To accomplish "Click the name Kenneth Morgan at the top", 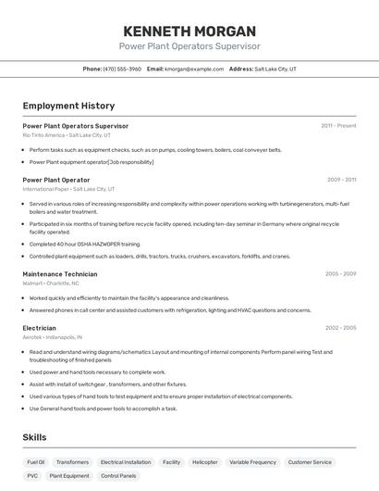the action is point(189,31).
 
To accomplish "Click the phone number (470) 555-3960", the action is point(122,69).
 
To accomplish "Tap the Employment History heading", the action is point(68,106).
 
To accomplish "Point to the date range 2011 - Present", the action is point(338,125).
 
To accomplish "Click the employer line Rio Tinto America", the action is point(67,135).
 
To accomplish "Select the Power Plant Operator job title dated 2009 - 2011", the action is point(56,180).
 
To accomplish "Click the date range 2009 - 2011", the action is point(341,180).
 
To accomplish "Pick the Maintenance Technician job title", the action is point(60,274).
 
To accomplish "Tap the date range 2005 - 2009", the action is point(340,274).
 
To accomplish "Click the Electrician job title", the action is point(40,328).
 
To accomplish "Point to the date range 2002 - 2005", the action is point(340,328).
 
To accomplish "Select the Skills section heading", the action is point(35,437).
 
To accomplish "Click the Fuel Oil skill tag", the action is point(36,461).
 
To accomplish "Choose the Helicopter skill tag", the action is point(204,461).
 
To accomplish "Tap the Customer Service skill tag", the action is point(310,461).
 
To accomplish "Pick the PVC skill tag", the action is point(32,475).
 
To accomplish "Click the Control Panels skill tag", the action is point(118,475).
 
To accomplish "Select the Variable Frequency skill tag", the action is point(252,461).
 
